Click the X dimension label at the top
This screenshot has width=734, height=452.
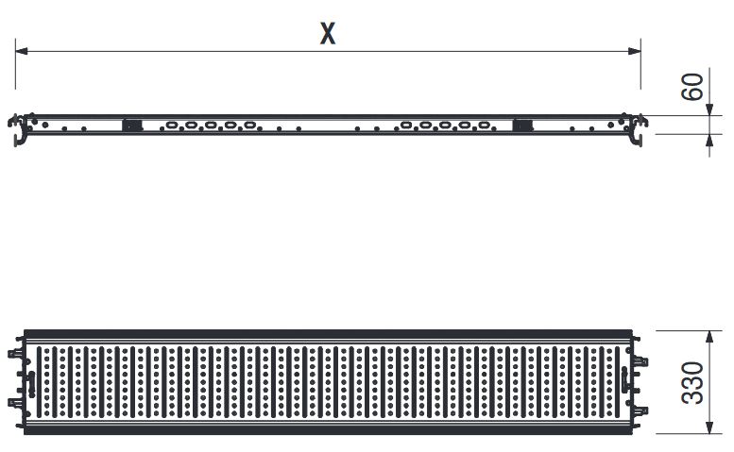point(328,33)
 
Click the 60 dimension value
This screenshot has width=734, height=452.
point(692,87)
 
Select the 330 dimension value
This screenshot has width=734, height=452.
point(692,382)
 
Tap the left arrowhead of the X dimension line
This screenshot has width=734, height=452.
point(22,50)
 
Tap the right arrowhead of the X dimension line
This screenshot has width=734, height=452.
point(634,50)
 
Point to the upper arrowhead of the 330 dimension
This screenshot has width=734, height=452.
point(709,337)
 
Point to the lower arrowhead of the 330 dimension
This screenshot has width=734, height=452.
point(709,427)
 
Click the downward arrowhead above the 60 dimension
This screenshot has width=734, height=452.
point(709,109)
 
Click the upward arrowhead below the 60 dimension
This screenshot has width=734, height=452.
point(709,141)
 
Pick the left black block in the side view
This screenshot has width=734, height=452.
point(132,126)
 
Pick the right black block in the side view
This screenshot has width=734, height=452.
point(522,126)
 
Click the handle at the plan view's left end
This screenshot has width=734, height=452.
point(31,384)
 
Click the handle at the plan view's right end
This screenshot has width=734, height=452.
point(625,380)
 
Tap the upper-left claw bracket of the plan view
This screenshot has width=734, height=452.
point(14,353)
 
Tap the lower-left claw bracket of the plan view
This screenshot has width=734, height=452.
point(14,402)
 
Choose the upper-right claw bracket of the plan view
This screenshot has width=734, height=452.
point(641,361)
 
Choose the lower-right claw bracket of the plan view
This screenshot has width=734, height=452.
point(641,410)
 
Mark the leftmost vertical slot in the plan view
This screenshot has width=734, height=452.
point(40,382)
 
